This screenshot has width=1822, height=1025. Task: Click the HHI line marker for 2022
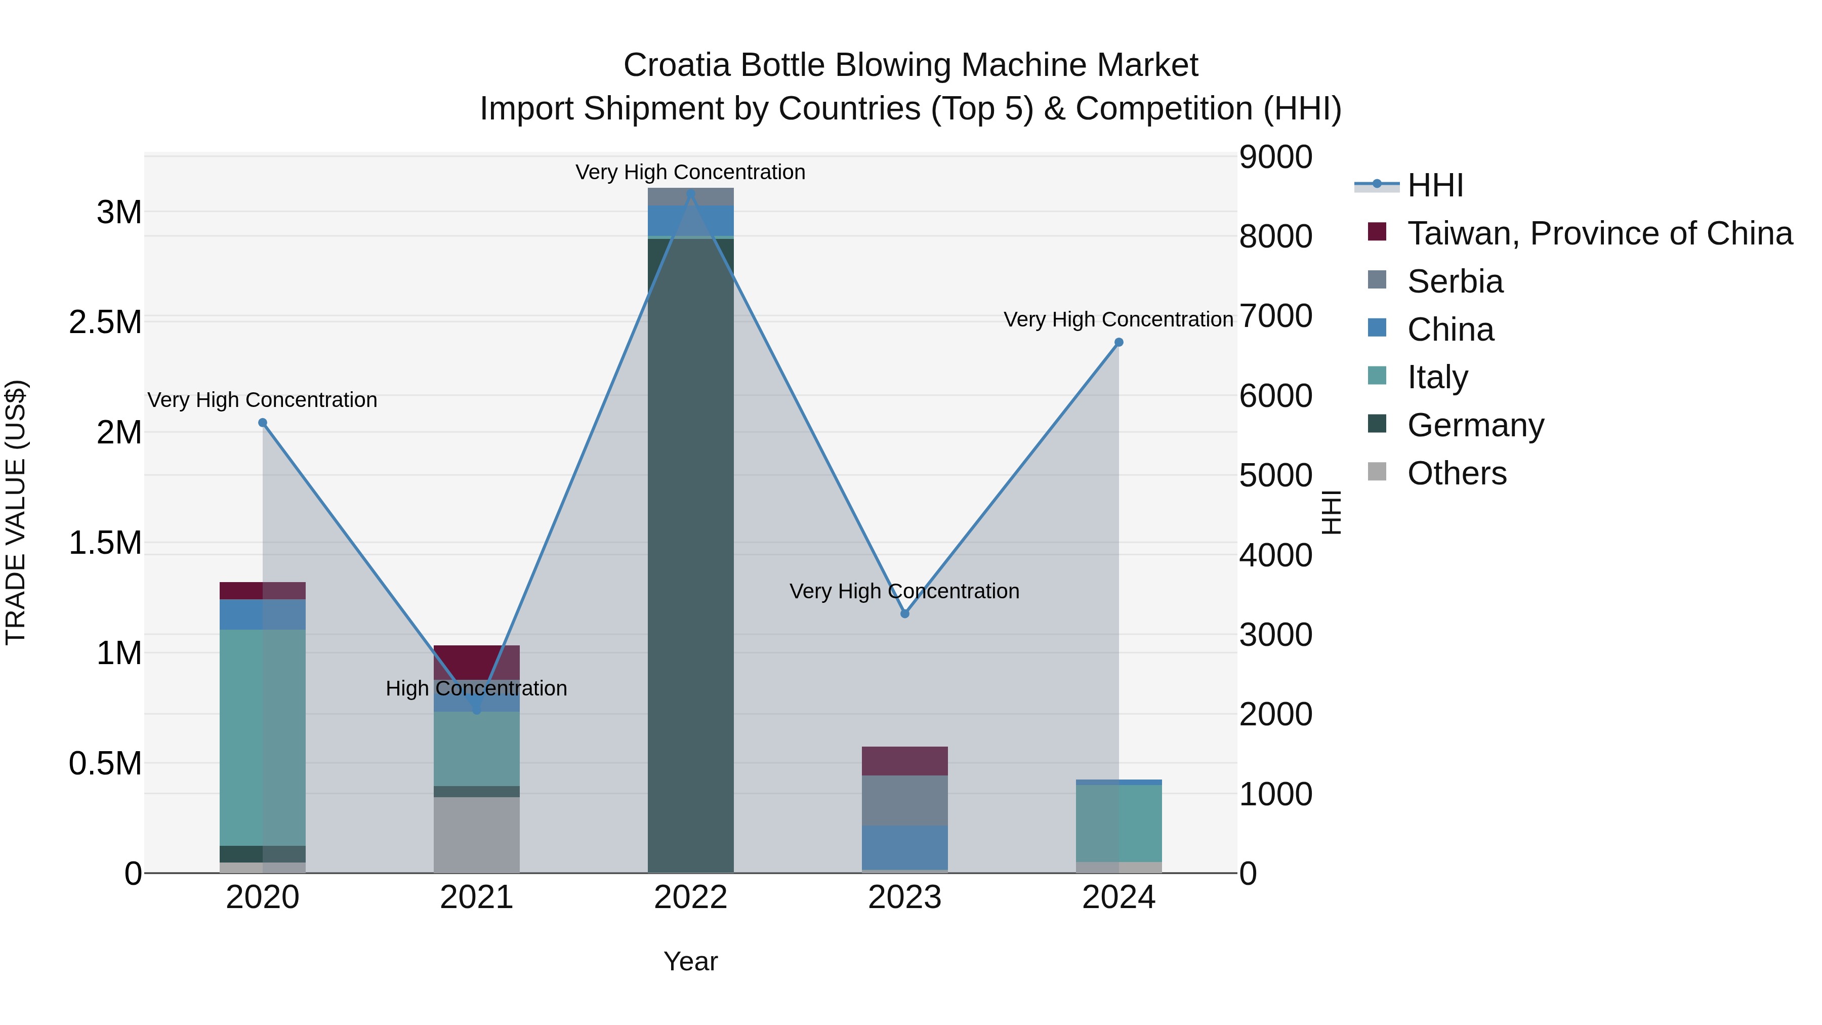pyautogui.click(x=691, y=194)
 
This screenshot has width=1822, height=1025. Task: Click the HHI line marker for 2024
pyautogui.click(x=1118, y=342)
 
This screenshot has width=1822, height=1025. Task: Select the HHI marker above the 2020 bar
pyautogui.click(x=262, y=423)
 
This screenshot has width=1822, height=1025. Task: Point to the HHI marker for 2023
pyautogui.click(x=904, y=614)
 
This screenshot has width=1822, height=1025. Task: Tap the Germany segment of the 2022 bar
pyautogui.click(x=691, y=566)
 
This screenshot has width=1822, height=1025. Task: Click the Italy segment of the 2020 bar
pyautogui.click(x=262, y=735)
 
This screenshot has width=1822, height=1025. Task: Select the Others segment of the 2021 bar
pyautogui.click(x=476, y=835)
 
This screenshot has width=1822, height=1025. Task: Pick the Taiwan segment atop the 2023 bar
pyautogui.click(x=904, y=761)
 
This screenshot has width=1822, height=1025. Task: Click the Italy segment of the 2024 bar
pyautogui.click(x=1118, y=823)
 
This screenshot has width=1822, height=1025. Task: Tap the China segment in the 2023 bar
pyautogui.click(x=904, y=847)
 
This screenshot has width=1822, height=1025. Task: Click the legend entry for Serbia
pyautogui.click(x=1455, y=281)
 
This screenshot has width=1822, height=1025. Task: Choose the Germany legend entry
pyautogui.click(x=1475, y=425)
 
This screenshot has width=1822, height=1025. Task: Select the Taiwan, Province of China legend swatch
pyautogui.click(x=1377, y=232)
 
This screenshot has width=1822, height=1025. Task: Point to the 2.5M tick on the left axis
pyautogui.click(x=105, y=322)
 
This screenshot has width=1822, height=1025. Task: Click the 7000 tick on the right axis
pyautogui.click(x=1275, y=316)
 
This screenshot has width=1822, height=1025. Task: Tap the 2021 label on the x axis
pyautogui.click(x=476, y=897)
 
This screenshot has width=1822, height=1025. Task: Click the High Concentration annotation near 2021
pyautogui.click(x=476, y=688)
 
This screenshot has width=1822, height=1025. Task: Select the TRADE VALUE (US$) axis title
pyautogui.click(x=16, y=512)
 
